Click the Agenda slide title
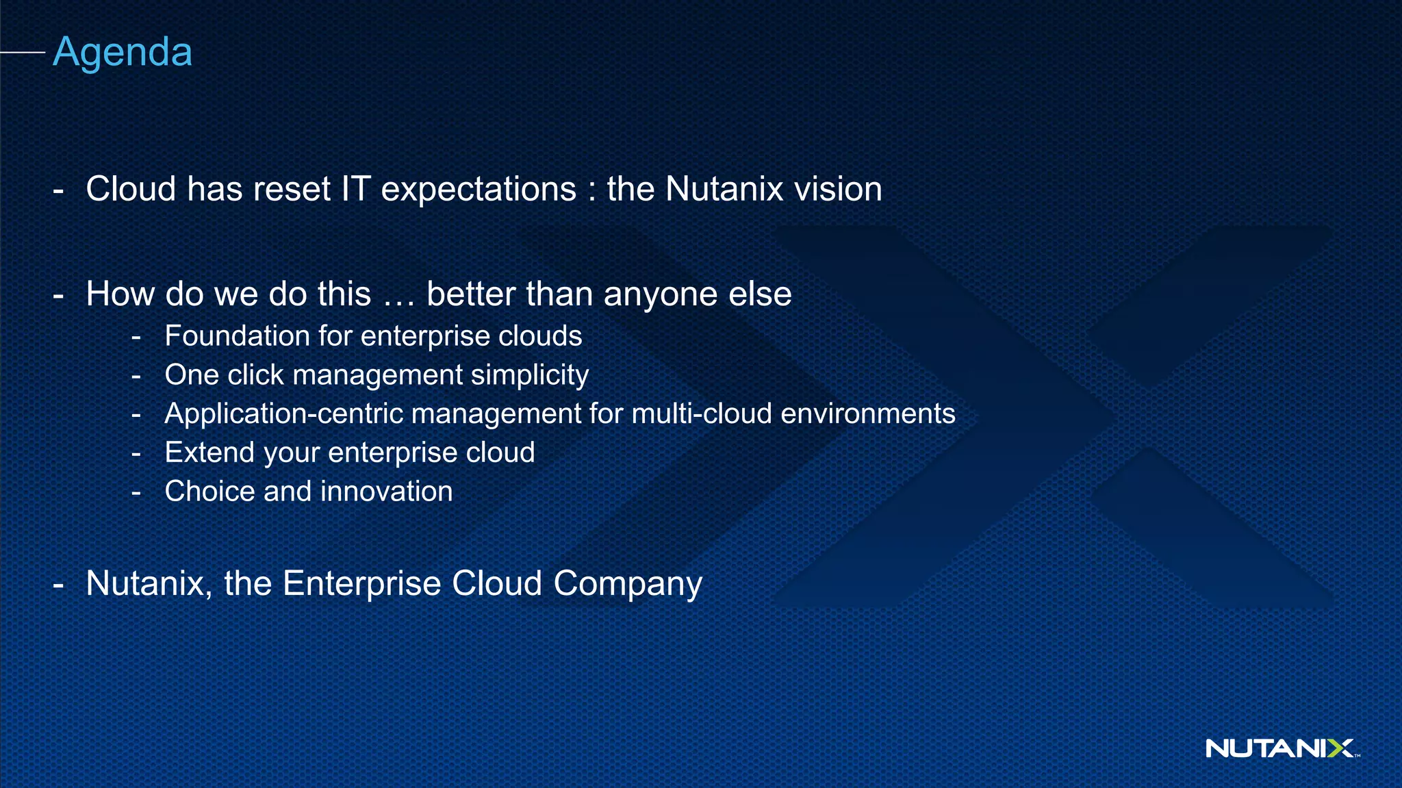(x=123, y=52)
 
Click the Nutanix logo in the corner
(x=1280, y=748)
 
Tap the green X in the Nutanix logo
(x=1339, y=748)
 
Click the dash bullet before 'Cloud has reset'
(x=58, y=190)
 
